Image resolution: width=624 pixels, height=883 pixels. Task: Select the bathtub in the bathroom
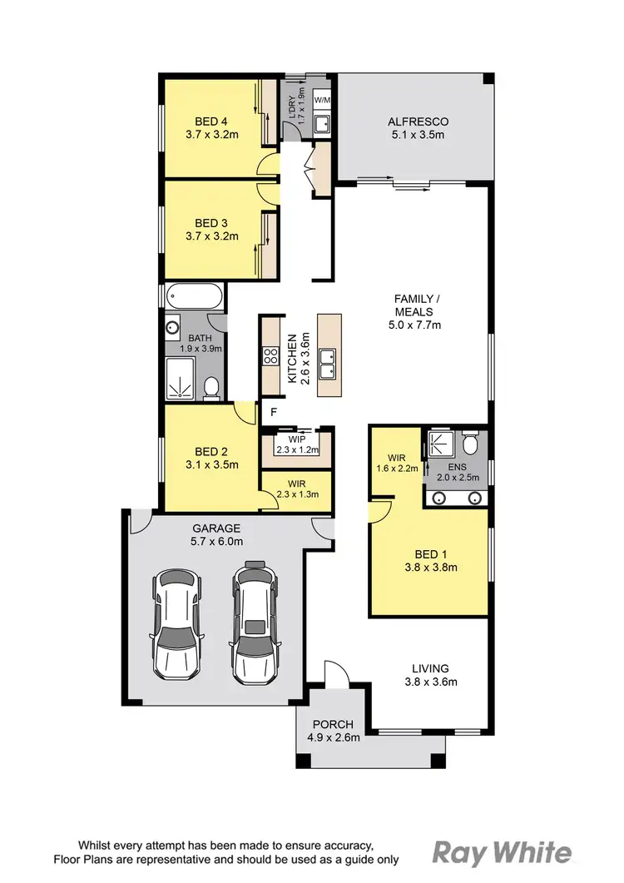tap(194, 297)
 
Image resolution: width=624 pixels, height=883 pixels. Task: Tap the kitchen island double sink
tap(329, 366)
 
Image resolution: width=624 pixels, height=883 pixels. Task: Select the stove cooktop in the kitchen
tap(271, 356)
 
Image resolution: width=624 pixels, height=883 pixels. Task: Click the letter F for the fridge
tap(272, 412)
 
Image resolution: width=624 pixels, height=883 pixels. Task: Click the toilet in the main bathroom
tap(211, 387)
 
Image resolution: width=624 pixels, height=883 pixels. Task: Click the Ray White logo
tap(502, 852)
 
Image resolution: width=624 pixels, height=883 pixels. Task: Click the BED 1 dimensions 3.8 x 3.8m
tap(430, 569)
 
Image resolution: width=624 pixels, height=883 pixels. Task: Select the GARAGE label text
tap(216, 528)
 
